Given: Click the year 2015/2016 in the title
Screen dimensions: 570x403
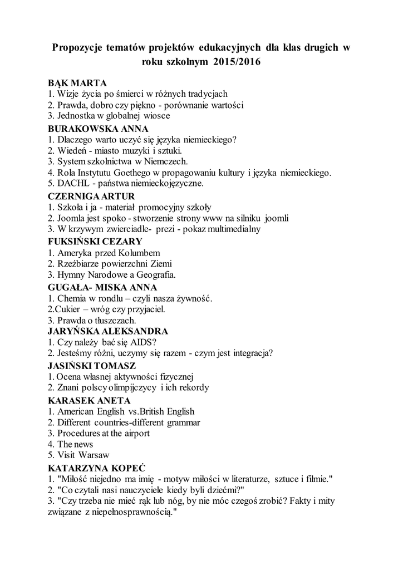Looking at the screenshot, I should click(236, 63).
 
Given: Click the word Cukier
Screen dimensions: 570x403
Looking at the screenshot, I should click(71, 309).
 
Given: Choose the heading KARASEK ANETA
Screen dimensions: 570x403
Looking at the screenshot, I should click(90, 400).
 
